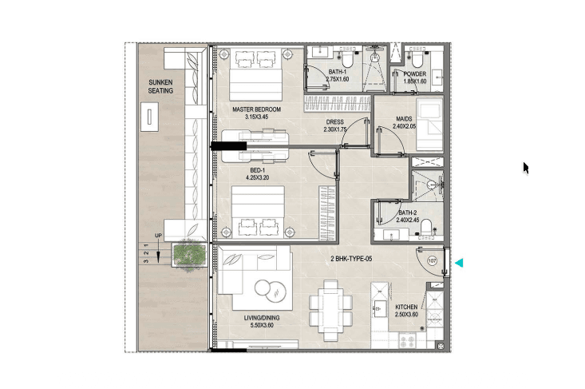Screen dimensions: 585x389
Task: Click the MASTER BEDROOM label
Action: (x=256, y=109)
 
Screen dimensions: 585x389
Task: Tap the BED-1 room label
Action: (x=258, y=170)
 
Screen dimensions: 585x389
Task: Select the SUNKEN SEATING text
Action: (x=160, y=86)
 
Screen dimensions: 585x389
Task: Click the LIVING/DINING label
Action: (x=262, y=318)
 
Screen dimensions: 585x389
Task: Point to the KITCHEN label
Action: (x=406, y=307)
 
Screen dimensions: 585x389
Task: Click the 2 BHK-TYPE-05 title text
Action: (x=351, y=259)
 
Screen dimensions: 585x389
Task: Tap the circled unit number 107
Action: (x=432, y=261)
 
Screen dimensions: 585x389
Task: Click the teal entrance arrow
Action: (x=459, y=263)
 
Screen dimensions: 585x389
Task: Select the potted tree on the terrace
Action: (x=190, y=255)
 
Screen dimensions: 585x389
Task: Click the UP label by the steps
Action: (x=159, y=236)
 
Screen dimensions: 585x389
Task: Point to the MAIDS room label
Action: (x=404, y=119)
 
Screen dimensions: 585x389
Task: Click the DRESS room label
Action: (x=334, y=122)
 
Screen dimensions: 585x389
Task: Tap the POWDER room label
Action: (x=414, y=74)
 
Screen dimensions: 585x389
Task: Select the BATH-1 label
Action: (x=338, y=72)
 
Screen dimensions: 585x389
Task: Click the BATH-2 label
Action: (x=407, y=212)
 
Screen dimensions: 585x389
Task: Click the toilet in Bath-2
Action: (x=426, y=228)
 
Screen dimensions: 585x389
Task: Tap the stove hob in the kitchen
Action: (x=407, y=341)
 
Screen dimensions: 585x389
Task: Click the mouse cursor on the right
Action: (x=526, y=169)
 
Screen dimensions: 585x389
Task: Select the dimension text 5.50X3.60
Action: (x=262, y=325)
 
